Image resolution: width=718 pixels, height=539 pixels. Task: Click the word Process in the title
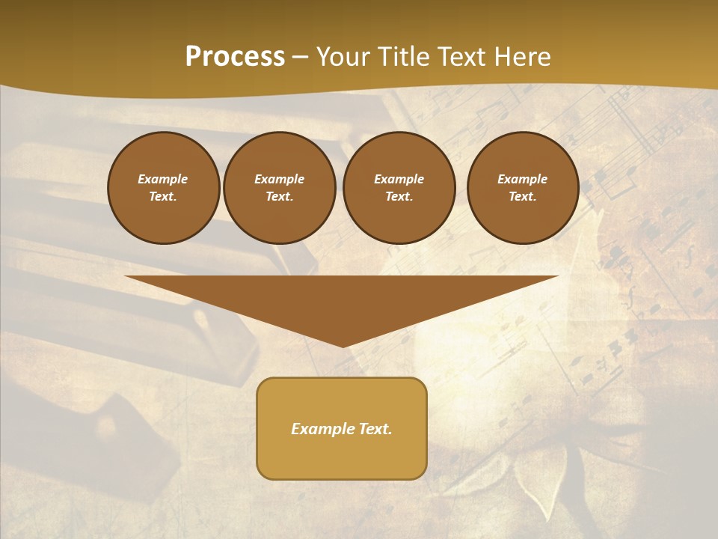[x=235, y=57]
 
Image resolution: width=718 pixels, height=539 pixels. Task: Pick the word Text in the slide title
[x=461, y=57]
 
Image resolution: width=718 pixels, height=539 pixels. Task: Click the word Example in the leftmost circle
[x=163, y=179]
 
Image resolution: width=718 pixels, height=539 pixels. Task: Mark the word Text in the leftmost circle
[x=162, y=196]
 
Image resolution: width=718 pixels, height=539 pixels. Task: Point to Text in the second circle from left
[x=278, y=196]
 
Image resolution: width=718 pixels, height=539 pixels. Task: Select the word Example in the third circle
[x=399, y=179]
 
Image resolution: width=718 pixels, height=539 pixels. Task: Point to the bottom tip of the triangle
[x=342, y=346]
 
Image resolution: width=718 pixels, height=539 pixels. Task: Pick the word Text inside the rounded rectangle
[x=373, y=429]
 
